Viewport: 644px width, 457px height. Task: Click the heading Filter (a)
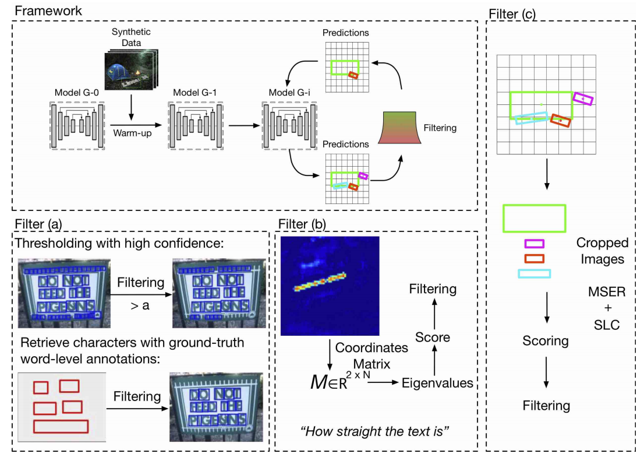point(38,223)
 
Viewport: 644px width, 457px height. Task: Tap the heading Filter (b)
point(303,223)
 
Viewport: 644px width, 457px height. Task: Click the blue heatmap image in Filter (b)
point(330,286)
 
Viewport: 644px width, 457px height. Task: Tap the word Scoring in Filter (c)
point(546,340)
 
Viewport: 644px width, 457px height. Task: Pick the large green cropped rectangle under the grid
point(534,219)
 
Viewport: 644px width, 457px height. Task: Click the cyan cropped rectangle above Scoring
point(534,273)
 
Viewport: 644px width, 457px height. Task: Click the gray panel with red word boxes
point(61,406)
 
